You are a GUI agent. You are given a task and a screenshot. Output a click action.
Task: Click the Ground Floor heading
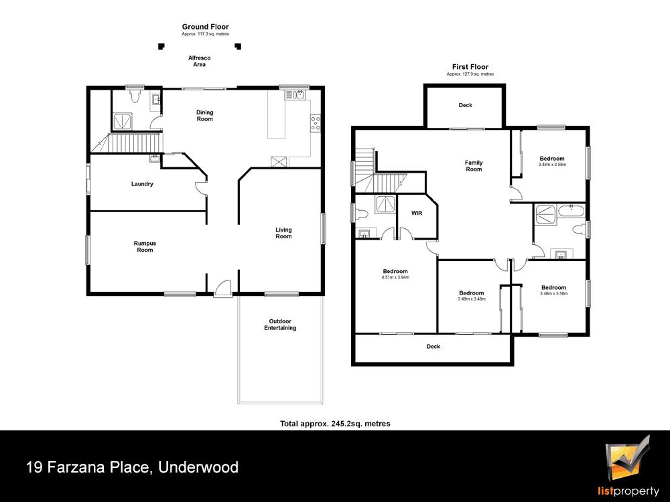point(205,27)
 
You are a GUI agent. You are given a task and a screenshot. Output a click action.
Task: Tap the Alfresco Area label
point(200,61)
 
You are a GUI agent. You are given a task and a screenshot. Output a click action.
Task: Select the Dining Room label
point(204,116)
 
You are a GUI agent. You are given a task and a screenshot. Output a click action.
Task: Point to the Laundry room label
point(142,184)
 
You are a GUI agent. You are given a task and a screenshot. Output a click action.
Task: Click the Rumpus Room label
point(145,247)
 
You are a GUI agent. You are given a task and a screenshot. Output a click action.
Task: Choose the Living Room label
point(283,233)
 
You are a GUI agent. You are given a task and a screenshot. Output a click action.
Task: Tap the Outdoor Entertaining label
point(280,325)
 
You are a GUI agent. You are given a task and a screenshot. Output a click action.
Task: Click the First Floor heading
point(470,67)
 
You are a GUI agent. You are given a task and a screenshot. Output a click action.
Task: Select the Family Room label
point(474,165)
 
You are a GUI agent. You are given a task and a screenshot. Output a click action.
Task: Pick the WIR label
point(417,213)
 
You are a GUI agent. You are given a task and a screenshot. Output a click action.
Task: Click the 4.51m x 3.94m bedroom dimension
point(395,278)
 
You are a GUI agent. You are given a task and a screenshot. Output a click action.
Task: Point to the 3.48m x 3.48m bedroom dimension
point(472,299)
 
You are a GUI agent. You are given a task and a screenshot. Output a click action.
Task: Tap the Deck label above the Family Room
point(466,105)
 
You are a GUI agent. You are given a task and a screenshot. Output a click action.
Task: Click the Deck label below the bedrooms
point(433,347)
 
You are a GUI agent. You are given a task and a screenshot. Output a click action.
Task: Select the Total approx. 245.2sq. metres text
point(335,424)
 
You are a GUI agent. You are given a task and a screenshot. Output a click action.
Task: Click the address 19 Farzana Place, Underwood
point(133,467)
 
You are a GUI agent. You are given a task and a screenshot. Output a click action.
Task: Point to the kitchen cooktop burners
point(316,123)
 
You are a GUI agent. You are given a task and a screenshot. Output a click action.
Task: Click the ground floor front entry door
point(222,287)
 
